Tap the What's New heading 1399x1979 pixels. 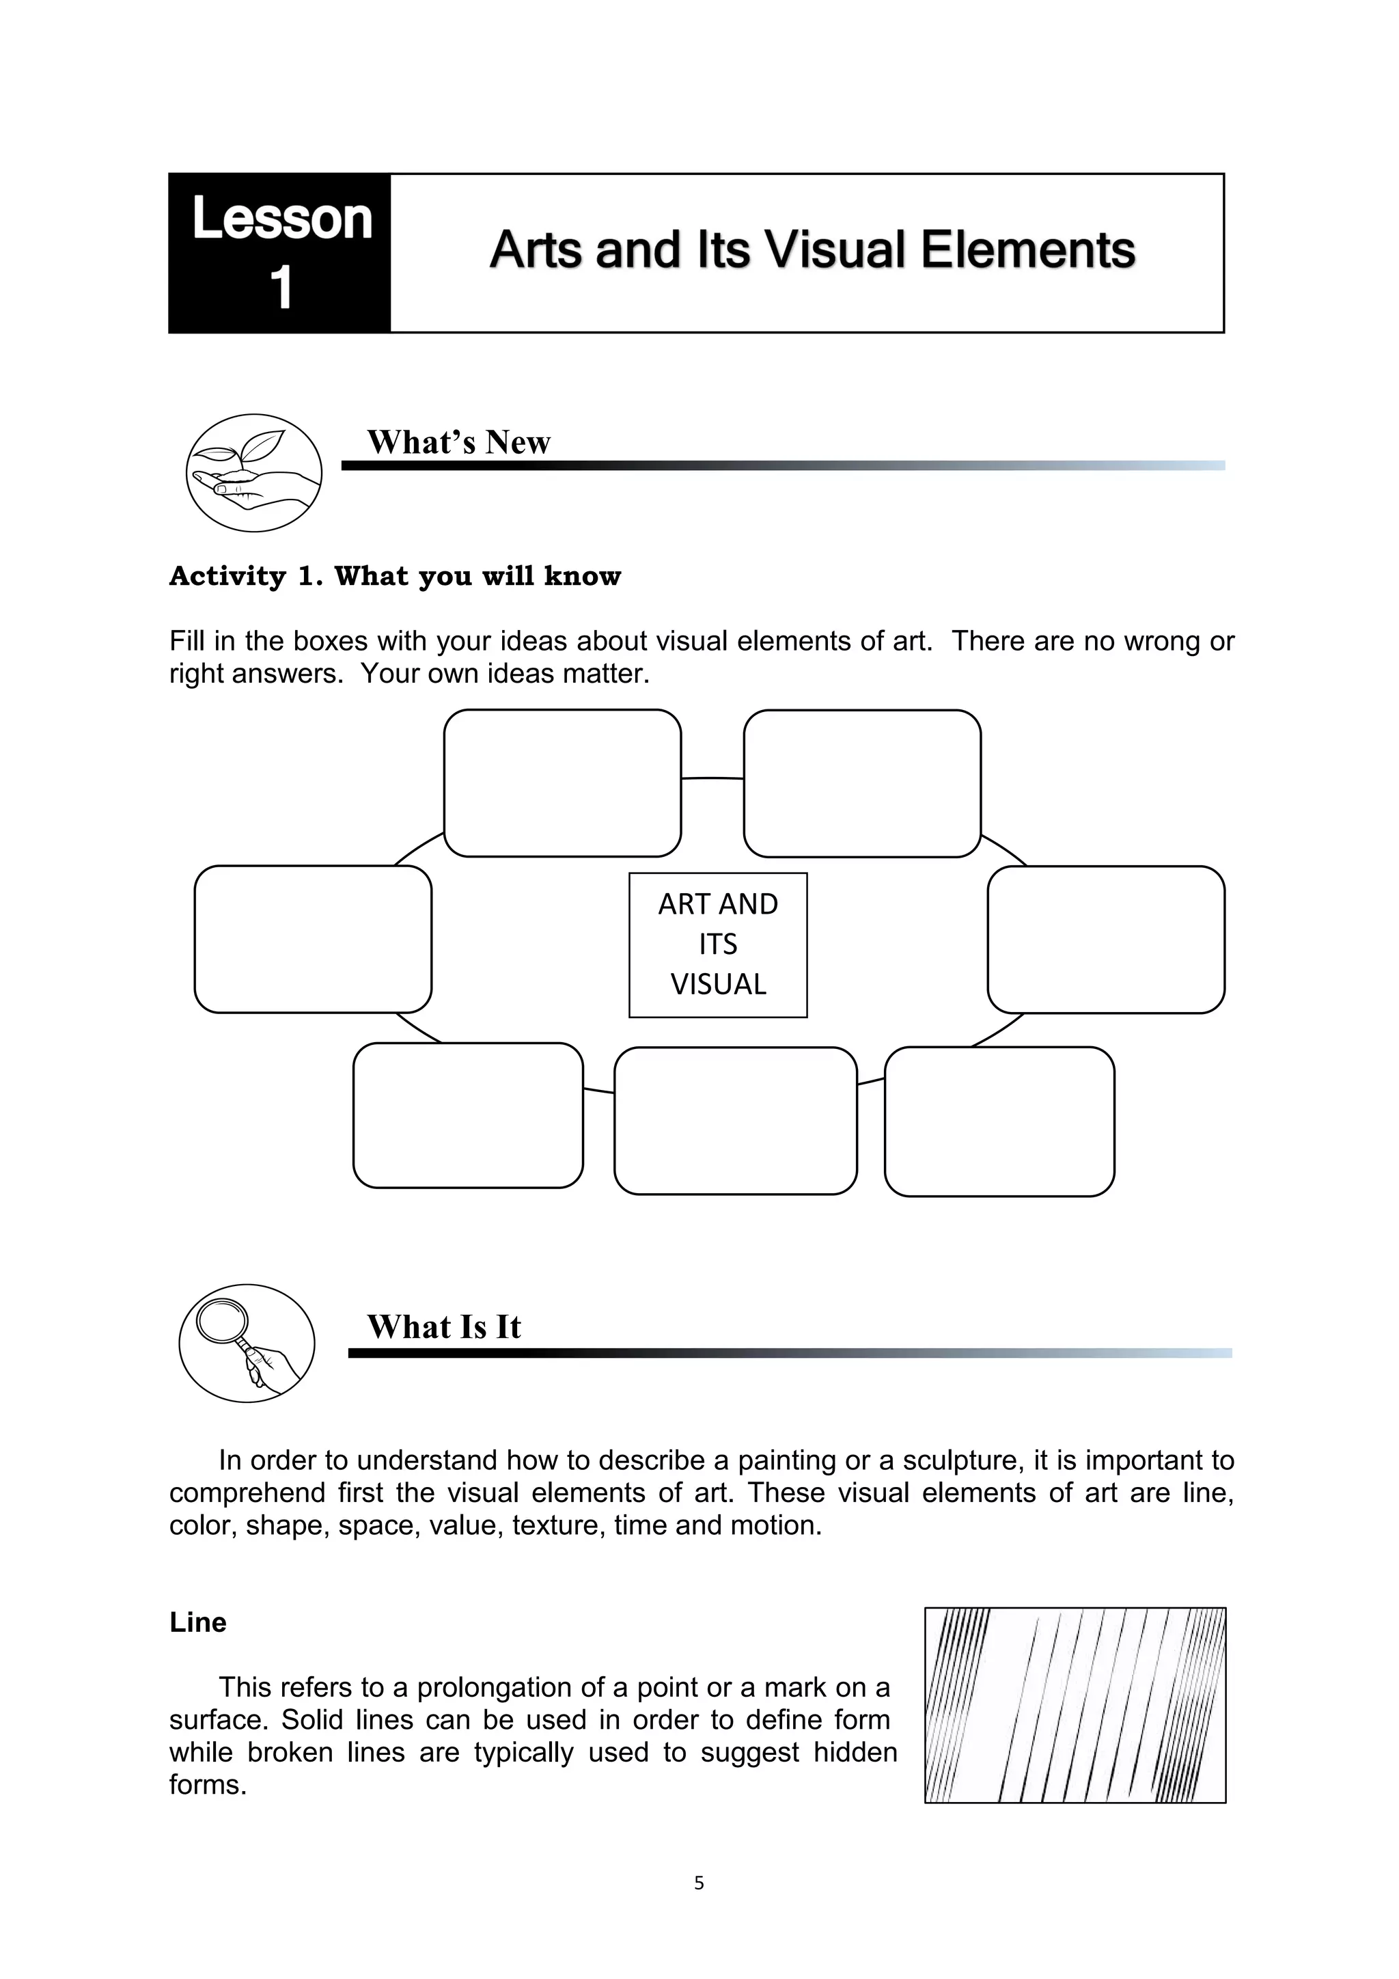coord(458,442)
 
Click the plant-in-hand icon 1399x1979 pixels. coord(253,472)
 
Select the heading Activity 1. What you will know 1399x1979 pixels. coord(395,576)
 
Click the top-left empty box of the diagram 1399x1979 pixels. coord(562,782)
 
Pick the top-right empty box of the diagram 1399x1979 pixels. coord(861,782)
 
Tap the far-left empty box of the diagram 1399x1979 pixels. coord(313,939)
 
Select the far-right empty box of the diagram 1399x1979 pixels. coord(1105,939)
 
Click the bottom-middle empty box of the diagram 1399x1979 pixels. coord(735,1121)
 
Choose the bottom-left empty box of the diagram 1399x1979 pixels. coord(468,1115)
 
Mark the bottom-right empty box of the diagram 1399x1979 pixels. coord(999,1121)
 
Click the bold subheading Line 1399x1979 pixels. coord(198,1622)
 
